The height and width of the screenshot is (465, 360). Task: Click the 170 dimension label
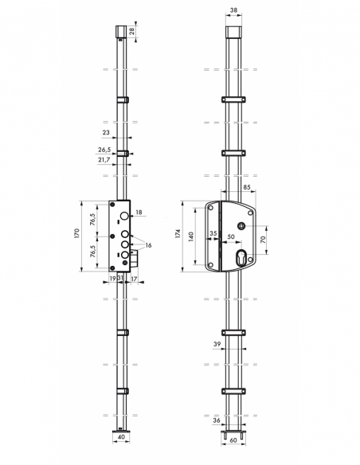(x=77, y=233)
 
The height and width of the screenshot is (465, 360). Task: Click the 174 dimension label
(x=178, y=233)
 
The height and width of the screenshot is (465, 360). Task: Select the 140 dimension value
(x=191, y=236)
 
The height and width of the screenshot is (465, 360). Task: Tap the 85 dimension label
(x=247, y=187)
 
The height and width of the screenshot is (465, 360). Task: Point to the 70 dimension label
(x=263, y=240)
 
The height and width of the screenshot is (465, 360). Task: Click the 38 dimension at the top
(x=233, y=10)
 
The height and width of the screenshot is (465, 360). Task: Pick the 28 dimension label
(x=132, y=31)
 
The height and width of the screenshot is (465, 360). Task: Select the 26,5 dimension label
(x=104, y=150)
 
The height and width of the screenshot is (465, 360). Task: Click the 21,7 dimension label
(x=104, y=160)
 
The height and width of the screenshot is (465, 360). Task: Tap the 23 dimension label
(x=106, y=132)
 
